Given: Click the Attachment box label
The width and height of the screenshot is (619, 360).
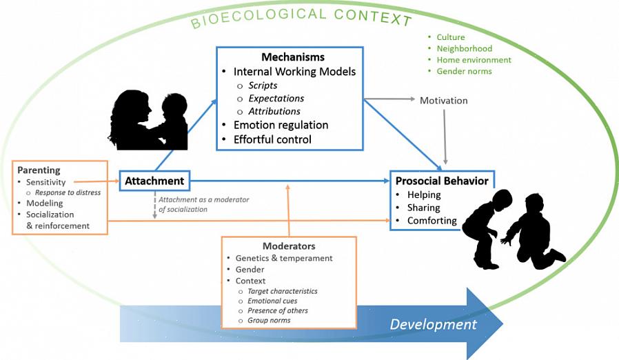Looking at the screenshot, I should tap(154, 181).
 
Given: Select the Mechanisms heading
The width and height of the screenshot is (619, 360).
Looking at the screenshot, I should tap(292, 57).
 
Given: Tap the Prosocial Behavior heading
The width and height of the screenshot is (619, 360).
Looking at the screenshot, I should tap(442, 181).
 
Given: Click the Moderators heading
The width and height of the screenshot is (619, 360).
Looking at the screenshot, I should tap(289, 246).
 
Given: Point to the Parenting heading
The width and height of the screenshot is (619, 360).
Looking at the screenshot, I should tap(39, 170).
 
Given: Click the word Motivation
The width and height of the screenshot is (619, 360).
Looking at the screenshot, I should tap(443, 101).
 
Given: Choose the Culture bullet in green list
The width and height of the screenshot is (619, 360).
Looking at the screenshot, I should tap(451, 37).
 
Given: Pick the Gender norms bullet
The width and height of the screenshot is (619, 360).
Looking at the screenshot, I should tap(464, 71).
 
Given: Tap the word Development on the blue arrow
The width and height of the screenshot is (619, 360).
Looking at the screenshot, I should tap(433, 324).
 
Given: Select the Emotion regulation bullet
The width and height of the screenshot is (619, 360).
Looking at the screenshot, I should tap(281, 126).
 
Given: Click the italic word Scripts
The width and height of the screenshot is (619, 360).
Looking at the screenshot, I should tap(263, 86).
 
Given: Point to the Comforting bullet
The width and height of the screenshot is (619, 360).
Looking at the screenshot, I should tap(432, 221).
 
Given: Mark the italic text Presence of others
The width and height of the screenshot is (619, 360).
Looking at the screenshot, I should tap(278, 311).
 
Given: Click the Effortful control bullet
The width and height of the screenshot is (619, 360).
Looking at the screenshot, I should tap(272, 139).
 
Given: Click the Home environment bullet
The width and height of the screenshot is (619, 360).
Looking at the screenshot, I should tap(474, 60).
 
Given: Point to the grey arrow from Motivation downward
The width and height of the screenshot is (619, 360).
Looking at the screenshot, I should tap(445, 135).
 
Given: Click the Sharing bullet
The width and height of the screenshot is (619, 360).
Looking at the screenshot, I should tap(423, 208).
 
